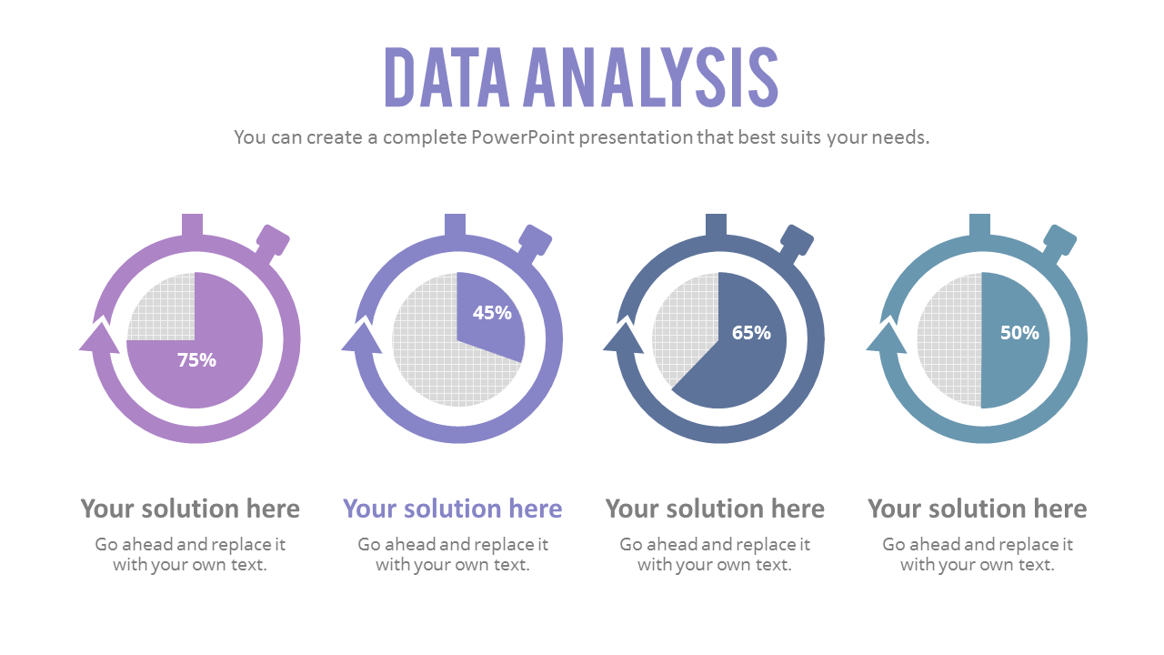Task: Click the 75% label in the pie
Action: coord(196,360)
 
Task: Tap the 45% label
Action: coord(492,313)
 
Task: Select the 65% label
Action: coord(751,333)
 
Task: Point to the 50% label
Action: coord(1019,333)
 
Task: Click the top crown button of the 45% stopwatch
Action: coord(455,225)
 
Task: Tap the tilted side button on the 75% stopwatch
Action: coord(272,241)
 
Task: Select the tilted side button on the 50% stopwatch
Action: coord(1059,241)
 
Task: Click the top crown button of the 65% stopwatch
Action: coord(717,225)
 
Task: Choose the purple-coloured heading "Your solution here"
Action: coord(452,509)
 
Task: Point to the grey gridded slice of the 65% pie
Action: coord(682,327)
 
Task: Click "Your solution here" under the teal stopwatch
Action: coord(977,509)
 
